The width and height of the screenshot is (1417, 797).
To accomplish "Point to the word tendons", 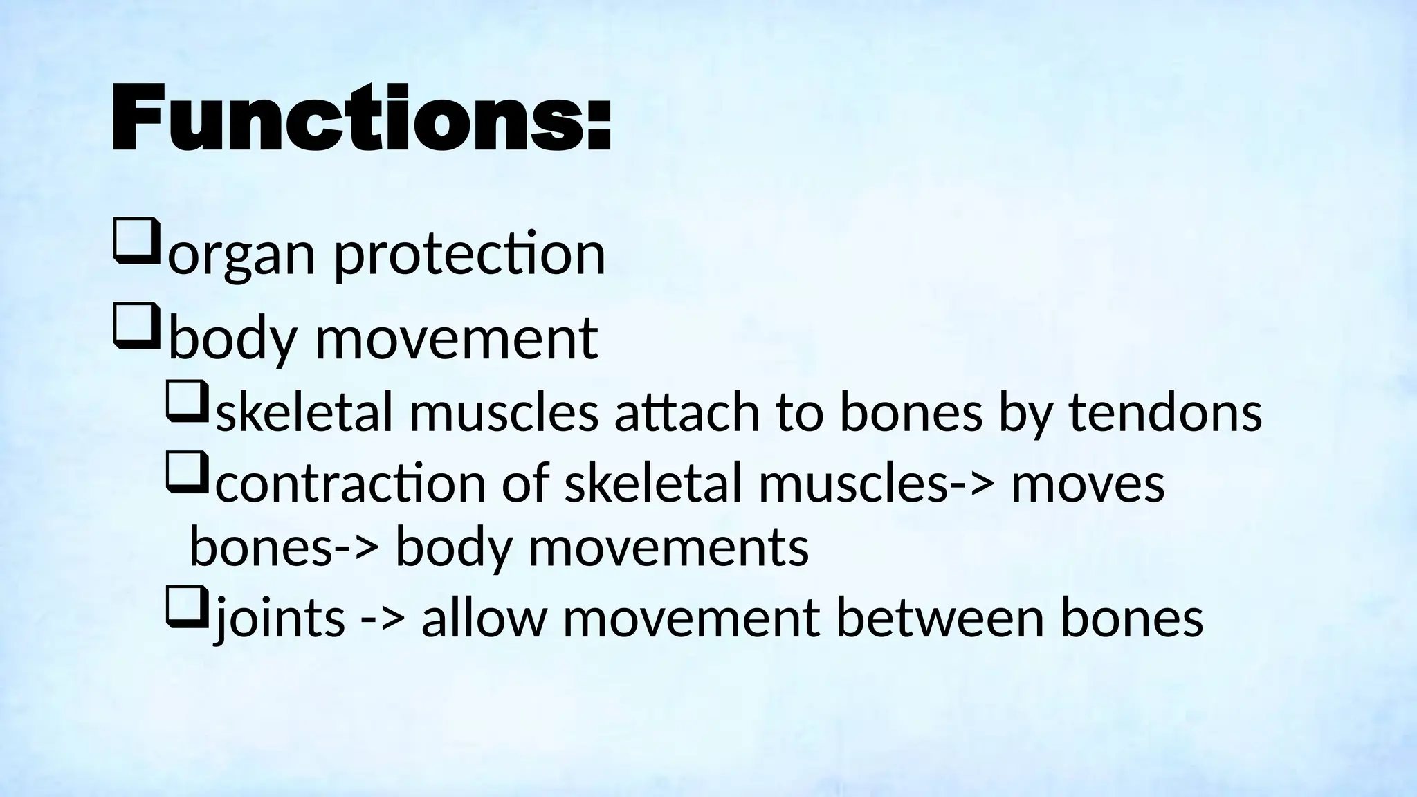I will pyautogui.click(x=1165, y=412).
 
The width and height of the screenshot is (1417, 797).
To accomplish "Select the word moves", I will pyautogui.click(x=1088, y=483).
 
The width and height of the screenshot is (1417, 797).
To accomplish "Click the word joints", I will pyautogui.click(x=280, y=617).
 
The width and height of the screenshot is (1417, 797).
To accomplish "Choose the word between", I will pyautogui.click(x=940, y=617).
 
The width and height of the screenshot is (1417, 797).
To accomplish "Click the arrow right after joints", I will pyautogui.click(x=383, y=619).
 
